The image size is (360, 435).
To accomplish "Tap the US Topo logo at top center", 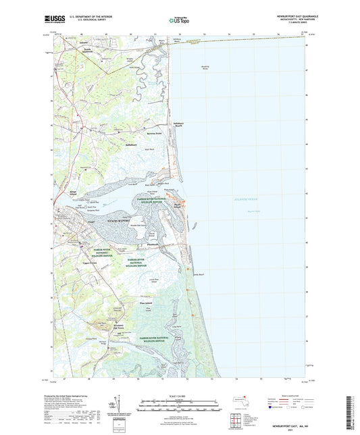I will [x=178, y=20].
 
